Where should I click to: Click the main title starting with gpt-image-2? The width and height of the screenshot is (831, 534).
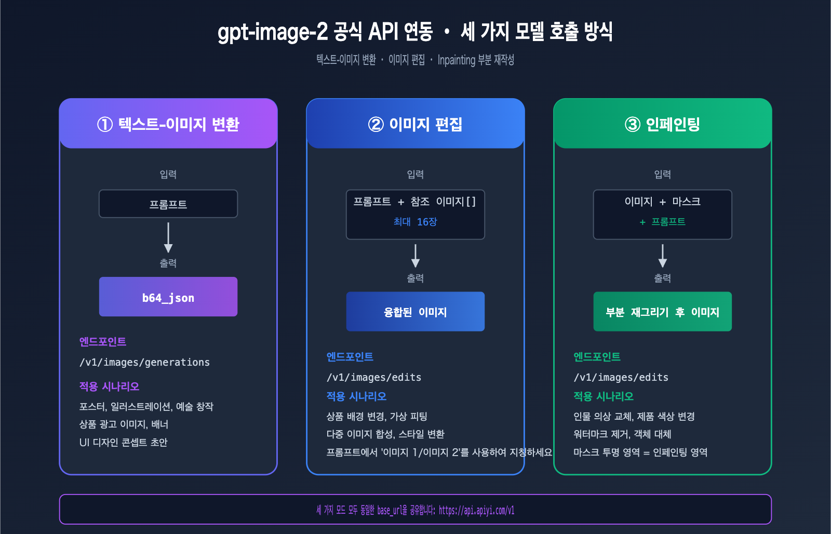pos(415,32)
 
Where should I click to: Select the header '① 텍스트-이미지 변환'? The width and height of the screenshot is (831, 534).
pos(168,124)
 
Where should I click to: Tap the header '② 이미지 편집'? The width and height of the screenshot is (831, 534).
pos(415,124)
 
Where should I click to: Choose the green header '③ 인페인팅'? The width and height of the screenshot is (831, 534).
pos(662,124)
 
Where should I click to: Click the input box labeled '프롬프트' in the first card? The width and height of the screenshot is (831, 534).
pos(168,204)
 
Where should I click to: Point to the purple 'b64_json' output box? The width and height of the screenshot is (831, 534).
pos(168,297)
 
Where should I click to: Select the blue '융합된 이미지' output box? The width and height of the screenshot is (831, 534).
pos(415,312)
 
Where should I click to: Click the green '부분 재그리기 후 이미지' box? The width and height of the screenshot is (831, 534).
pos(662,312)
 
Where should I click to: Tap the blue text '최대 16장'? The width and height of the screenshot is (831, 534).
pos(415,222)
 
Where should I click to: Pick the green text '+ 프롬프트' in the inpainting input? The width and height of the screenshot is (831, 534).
pos(662,222)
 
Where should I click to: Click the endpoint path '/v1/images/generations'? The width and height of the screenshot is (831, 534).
pos(144,362)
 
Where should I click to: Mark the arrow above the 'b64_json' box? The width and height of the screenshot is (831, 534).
pos(168,238)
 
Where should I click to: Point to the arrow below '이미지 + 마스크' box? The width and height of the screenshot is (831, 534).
pos(662,256)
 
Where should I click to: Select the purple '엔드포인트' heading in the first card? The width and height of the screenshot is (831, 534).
pos(103,341)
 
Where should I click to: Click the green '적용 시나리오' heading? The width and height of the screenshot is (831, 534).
pos(604,396)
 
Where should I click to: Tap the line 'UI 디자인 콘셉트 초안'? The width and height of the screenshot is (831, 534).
pos(123,442)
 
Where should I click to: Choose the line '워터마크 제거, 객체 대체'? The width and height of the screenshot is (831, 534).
pos(622,434)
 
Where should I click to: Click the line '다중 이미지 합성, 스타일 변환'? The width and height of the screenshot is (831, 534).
pos(385,434)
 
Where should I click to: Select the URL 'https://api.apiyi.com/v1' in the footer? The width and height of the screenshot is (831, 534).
pos(476,510)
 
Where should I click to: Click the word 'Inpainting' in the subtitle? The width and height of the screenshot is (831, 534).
pos(457,60)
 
